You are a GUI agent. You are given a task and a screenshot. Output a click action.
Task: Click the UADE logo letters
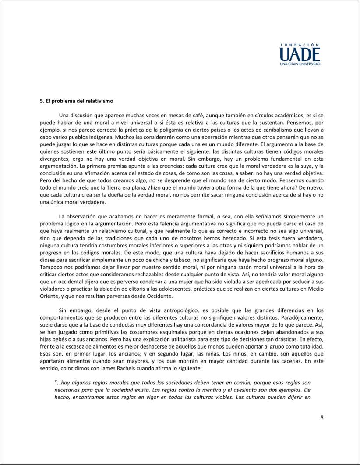[x=300, y=55]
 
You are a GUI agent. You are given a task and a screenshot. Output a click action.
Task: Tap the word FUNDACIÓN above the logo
[x=300, y=45]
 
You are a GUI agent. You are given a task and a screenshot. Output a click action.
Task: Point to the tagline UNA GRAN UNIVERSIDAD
[x=300, y=64]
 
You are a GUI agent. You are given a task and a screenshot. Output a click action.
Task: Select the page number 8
[x=322, y=417]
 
